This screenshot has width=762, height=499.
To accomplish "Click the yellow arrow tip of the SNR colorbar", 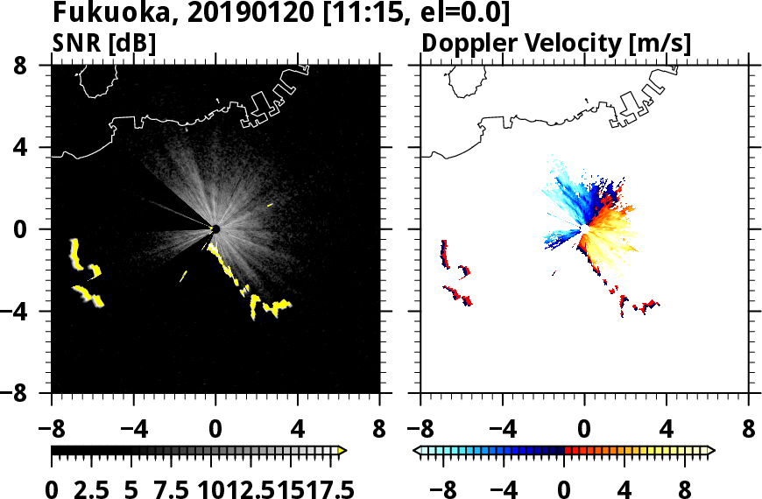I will point(342,451).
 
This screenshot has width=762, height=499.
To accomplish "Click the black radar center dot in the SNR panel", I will point(215,229).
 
